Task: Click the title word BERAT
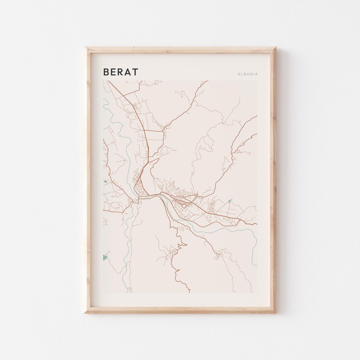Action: coord(121,72)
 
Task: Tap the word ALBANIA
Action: coord(248,74)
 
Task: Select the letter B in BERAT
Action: coord(106,72)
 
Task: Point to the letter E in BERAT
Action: coord(113,72)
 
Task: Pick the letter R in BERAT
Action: coord(121,72)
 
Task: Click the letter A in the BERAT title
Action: coord(128,72)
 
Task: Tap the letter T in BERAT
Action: coord(135,72)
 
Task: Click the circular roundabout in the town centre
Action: coord(184,206)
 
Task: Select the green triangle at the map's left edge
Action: coord(105,257)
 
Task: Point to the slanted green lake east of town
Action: coord(230,201)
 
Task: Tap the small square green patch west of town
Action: coord(105,182)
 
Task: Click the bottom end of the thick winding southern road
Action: coord(190,292)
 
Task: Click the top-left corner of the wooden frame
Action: coord(85,48)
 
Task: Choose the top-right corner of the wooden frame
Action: coord(275,48)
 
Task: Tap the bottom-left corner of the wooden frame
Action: coord(85,313)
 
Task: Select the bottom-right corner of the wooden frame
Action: coord(275,313)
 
